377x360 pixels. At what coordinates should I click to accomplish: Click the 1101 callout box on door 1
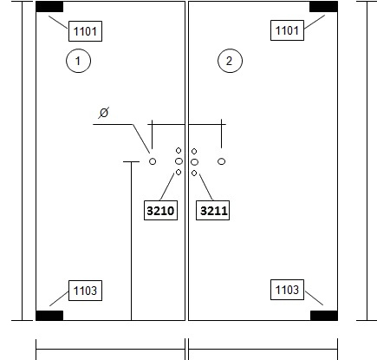point(85,31)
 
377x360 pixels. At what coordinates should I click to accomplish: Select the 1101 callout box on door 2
point(287,30)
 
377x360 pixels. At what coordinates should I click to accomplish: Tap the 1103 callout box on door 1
point(85,291)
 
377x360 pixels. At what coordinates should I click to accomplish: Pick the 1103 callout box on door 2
point(287,290)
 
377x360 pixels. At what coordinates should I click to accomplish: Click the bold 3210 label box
point(160,211)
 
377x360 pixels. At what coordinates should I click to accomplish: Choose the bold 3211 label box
point(213,211)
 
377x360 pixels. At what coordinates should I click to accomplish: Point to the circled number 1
point(78,61)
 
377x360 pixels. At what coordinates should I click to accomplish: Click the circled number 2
point(230,61)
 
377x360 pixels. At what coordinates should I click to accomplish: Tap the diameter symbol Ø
point(103,113)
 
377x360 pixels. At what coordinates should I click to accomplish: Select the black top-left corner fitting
point(49,7)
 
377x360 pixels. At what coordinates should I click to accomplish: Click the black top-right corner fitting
point(323,7)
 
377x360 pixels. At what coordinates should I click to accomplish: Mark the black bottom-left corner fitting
point(49,316)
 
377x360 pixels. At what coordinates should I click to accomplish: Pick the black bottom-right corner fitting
point(324,316)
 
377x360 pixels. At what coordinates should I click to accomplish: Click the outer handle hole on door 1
point(153,161)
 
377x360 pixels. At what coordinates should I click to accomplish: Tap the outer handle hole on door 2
point(221,161)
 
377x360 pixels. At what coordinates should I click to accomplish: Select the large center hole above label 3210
point(179,161)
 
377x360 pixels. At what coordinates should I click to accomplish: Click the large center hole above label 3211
point(194,162)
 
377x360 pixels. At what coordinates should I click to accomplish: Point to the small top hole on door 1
point(179,150)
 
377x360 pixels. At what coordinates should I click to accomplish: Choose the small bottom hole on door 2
point(194,173)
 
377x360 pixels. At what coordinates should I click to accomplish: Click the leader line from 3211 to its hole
point(206,187)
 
